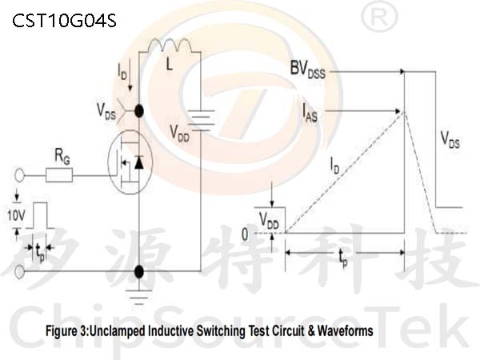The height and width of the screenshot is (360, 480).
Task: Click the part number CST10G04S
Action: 65,20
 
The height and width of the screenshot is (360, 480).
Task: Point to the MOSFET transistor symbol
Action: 130,163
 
